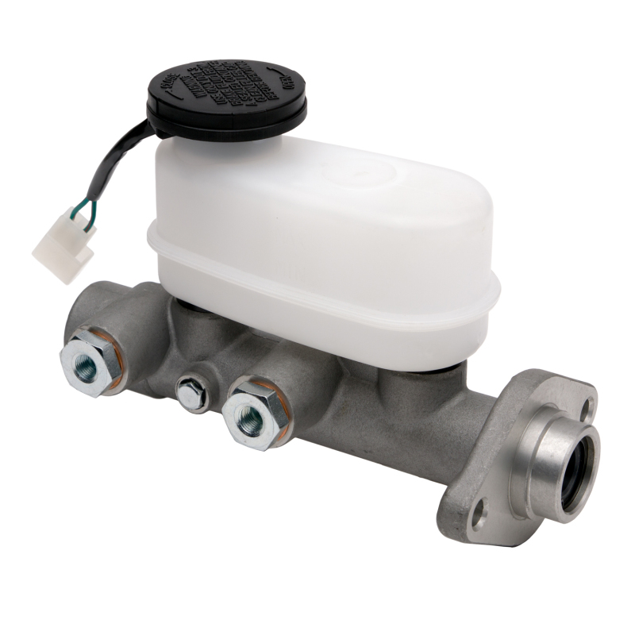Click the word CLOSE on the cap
(169, 87)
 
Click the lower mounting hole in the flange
(478, 520)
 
